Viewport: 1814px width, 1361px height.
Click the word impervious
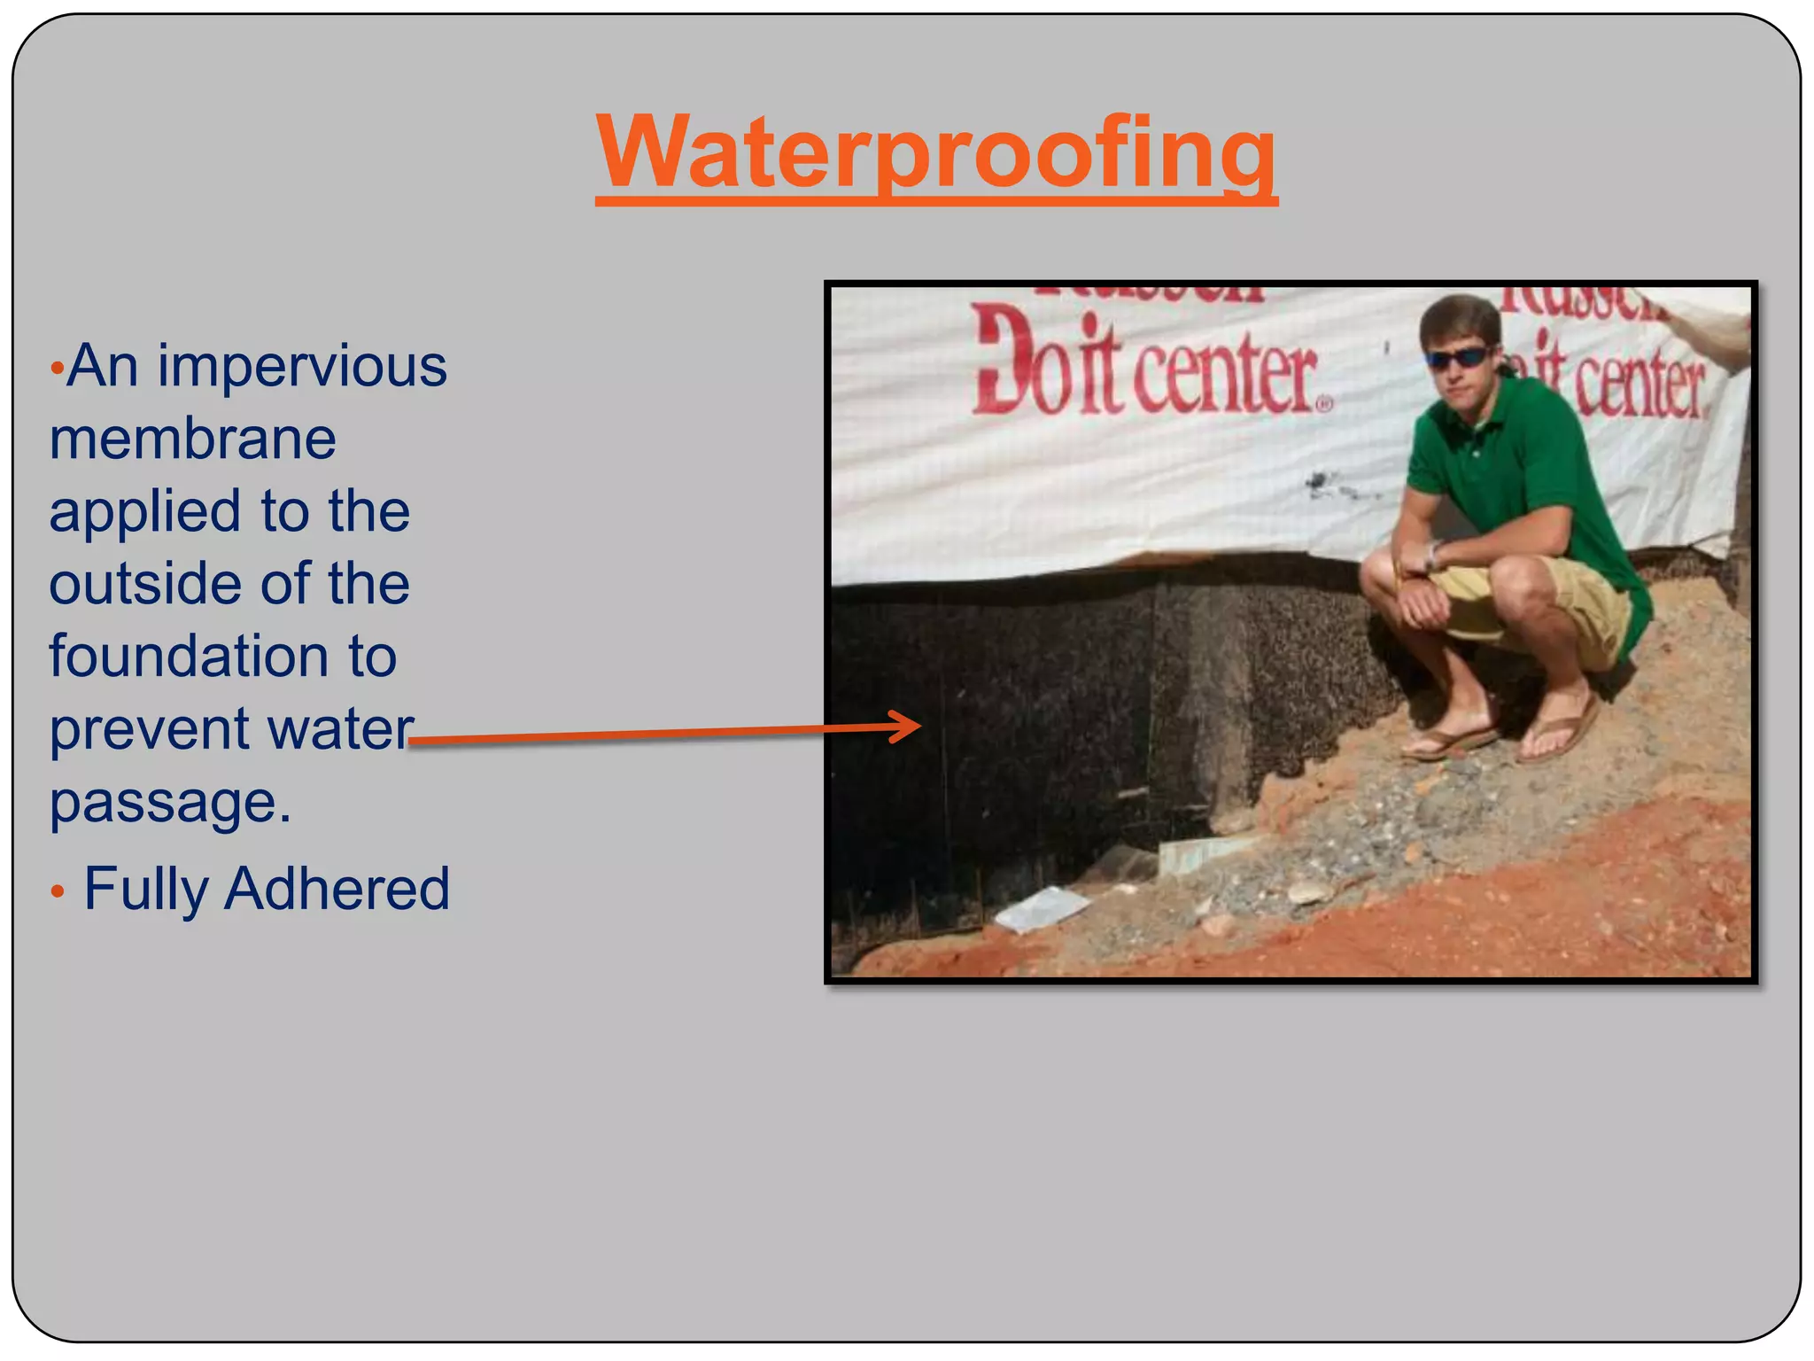click(x=302, y=366)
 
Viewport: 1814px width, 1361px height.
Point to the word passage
click(x=170, y=803)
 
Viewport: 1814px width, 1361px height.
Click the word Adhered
click(x=337, y=889)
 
